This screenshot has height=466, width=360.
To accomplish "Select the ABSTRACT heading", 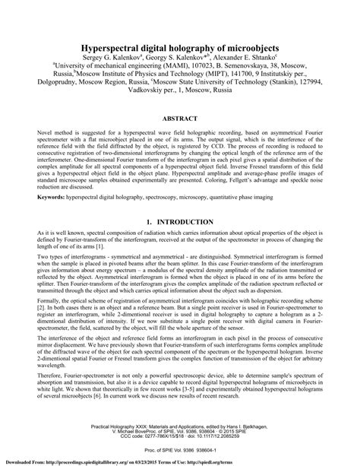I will [x=180, y=120].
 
